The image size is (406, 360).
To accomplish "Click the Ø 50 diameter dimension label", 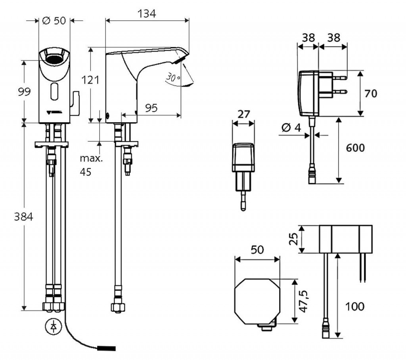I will click(54, 21).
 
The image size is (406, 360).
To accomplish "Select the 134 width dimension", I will click(147, 14).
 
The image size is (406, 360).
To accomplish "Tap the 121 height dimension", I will click(90, 80).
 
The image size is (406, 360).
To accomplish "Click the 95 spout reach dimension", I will click(151, 108).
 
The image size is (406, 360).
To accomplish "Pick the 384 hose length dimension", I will click(24, 217).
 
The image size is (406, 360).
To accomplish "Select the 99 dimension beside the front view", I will click(25, 92).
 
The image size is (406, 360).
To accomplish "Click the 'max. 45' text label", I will click(91, 166).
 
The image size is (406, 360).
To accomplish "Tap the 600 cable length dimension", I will click(355, 148).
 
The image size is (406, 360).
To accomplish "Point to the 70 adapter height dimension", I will click(371, 94).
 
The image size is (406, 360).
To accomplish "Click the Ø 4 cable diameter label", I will click(291, 128).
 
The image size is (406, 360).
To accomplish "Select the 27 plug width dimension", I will click(244, 115).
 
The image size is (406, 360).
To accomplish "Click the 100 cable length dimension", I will click(354, 306).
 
